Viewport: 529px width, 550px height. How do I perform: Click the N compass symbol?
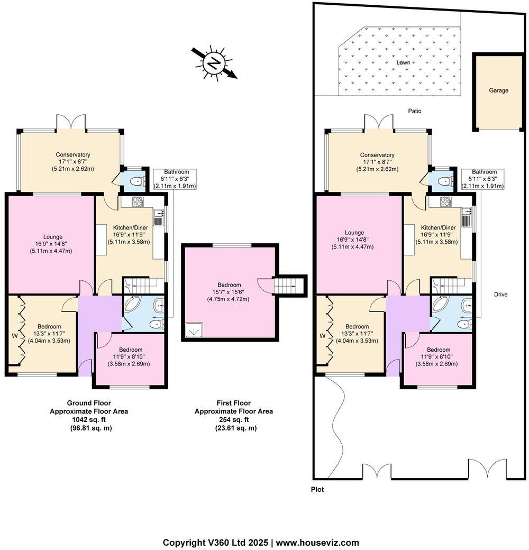point(214,64)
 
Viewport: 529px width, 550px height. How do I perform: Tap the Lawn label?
point(404,62)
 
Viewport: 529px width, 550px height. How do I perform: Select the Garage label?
point(498,90)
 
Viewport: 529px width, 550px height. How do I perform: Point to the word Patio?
point(415,111)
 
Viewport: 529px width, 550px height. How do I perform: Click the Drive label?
point(500,294)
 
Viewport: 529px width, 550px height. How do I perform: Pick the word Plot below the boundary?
point(317,490)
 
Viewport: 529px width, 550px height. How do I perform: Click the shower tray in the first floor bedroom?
point(192,330)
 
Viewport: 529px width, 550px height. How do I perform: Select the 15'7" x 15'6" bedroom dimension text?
point(230,292)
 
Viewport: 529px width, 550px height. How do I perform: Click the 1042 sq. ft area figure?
point(89,419)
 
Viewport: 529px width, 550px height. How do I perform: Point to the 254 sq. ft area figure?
point(234,419)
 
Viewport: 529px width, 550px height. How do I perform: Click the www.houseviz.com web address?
point(317,543)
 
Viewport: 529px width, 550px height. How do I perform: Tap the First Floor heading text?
point(234,403)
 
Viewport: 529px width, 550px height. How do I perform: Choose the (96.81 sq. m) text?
point(89,428)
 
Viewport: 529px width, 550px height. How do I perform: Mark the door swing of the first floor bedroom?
point(264,286)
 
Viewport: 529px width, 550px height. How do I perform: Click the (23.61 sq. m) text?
point(234,428)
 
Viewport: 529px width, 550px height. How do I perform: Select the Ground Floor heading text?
point(89,403)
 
